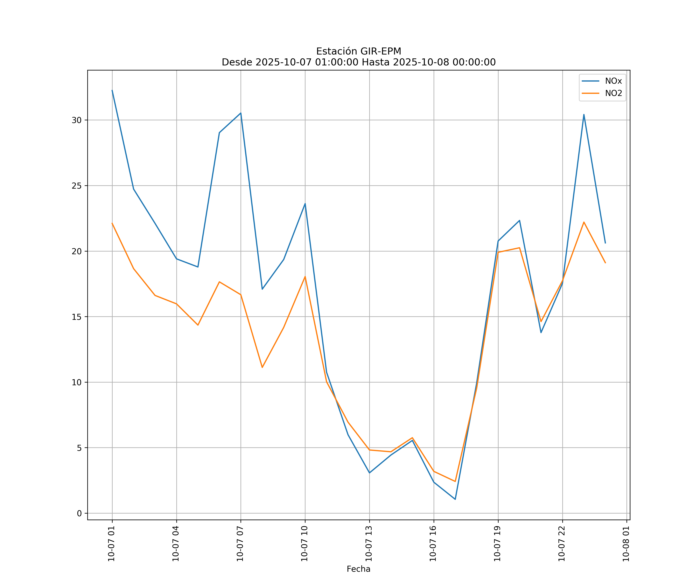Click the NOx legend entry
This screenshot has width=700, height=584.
pos(613,81)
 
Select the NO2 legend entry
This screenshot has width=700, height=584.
pos(613,93)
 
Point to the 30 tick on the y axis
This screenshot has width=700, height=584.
pos(77,120)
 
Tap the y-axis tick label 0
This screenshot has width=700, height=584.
pos(79,514)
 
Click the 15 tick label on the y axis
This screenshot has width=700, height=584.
pos(77,317)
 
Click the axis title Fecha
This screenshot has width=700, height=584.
pos(358,569)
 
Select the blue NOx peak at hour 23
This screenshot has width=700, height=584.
pos(584,114)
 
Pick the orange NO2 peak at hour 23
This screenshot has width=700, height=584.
pos(584,222)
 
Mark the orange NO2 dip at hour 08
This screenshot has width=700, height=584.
pos(262,367)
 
